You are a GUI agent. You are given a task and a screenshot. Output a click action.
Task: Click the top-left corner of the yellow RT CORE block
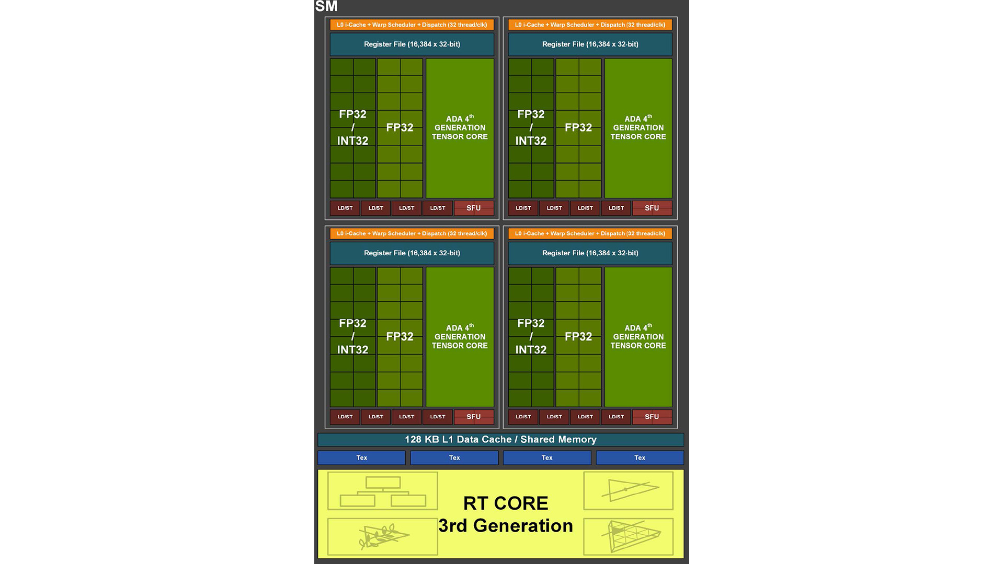tap(318, 469)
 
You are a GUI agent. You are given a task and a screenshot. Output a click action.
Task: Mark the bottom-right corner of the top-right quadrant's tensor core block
tap(672, 198)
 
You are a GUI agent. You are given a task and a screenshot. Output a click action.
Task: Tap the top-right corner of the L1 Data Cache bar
tap(684, 433)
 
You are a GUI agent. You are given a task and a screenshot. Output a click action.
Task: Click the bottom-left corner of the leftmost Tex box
tap(318, 465)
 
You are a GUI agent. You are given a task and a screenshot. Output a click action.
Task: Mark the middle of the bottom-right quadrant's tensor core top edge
tap(638, 267)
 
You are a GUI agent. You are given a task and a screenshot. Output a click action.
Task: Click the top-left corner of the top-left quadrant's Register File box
tap(330, 33)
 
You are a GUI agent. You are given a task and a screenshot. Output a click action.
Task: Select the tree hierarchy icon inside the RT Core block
tap(383, 491)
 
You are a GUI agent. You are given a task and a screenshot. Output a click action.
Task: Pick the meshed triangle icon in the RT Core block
tap(629, 536)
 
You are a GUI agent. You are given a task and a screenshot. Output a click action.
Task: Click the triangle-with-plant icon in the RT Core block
tap(383, 536)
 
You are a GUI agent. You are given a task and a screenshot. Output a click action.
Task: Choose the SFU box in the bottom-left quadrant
tap(474, 417)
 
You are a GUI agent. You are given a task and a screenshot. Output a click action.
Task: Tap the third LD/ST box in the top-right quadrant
tap(585, 208)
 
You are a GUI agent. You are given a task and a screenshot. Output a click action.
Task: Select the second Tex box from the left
tap(454, 457)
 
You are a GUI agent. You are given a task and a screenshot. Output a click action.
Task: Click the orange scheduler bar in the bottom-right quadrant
tap(590, 233)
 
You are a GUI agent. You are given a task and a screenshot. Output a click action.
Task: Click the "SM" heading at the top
tap(326, 6)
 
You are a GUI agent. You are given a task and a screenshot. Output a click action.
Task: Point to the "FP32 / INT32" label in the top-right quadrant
tap(531, 127)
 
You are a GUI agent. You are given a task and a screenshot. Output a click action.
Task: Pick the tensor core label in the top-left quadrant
tap(460, 127)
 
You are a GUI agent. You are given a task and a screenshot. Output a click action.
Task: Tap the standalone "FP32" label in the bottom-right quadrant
tap(578, 336)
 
